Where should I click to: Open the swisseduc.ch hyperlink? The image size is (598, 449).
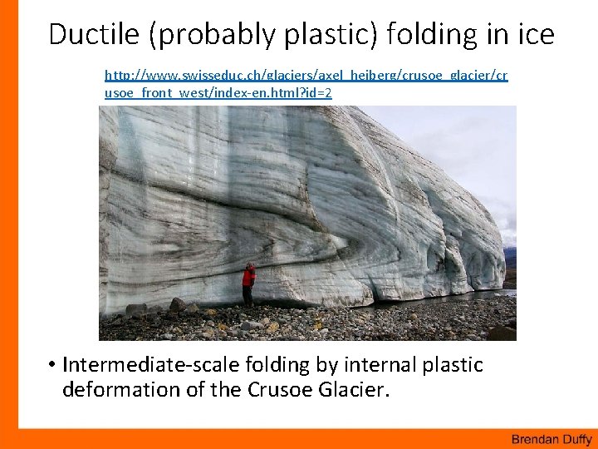306,76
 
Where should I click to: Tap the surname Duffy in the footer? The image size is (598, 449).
576,438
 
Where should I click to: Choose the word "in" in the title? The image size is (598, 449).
489,35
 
